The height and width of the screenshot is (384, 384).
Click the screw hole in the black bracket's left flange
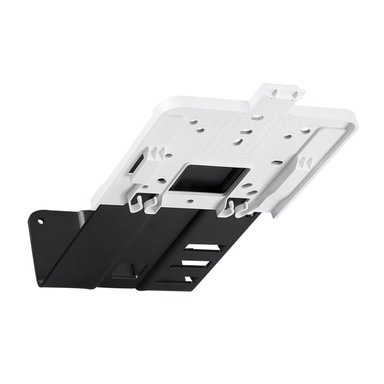pos(41,222)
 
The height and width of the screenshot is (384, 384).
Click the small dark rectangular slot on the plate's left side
pos(137,164)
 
